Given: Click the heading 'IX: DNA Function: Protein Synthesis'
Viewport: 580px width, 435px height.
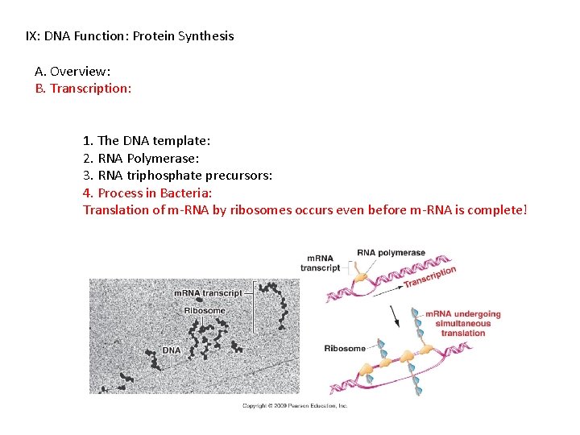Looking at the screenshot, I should click(x=130, y=36).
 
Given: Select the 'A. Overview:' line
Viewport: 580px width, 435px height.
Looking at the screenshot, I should click(x=72, y=71).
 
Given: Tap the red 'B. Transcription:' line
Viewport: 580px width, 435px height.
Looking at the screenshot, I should click(x=83, y=89).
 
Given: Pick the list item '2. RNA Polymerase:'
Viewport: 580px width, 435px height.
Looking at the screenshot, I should click(x=141, y=158).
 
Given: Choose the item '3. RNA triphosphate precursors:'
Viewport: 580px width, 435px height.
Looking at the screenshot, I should click(x=177, y=175).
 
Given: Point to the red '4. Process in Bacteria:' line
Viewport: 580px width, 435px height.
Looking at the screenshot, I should click(x=147, y=193).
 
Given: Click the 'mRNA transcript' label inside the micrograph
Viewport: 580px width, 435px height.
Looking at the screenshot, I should click(x=208, y=293).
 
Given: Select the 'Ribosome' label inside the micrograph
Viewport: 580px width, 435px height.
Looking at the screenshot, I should click(x=205, y=310).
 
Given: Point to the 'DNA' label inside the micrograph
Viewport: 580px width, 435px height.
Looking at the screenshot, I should click(x=172, y=350).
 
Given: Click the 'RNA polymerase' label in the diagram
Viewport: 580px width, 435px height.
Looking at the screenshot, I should click(x=391, y=253).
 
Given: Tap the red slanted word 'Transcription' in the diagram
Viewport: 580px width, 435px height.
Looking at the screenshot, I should click(x=430, y=276).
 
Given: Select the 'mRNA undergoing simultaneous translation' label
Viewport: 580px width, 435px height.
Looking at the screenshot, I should click(x=463, y=323).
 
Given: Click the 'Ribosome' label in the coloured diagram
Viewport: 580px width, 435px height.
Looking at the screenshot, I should click(x=344, y=349).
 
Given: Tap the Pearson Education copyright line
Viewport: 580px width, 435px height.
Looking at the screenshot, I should click(x=295, y=406).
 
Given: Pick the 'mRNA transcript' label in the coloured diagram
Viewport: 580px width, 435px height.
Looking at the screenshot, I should click(x=320, y=263).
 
